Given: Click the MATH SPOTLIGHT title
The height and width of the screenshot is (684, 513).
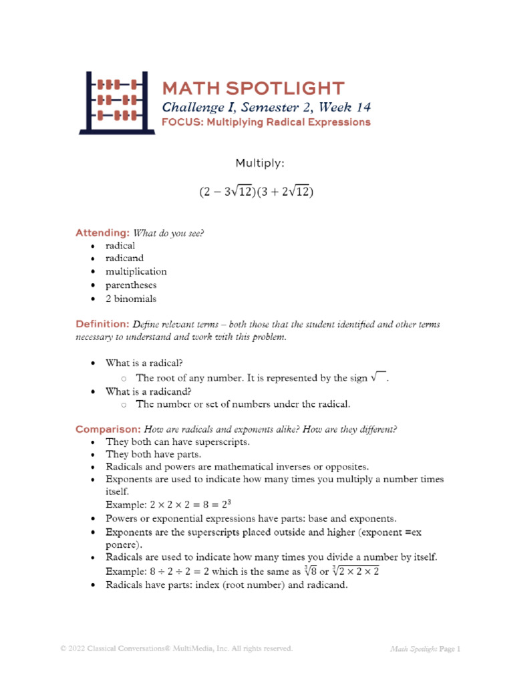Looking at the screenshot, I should pos(253,88).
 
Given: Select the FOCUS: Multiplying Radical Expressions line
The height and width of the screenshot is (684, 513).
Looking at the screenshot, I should pos(266,122).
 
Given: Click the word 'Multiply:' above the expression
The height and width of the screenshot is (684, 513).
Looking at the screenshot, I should pos(256,163).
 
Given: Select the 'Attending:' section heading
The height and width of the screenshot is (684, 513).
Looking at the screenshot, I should pos(102,233).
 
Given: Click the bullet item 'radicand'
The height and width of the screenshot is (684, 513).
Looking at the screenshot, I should pos(124,259).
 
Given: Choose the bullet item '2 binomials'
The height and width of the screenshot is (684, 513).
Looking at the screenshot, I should pos(131,299).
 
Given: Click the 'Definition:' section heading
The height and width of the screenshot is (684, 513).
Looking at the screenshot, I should pos(103,324).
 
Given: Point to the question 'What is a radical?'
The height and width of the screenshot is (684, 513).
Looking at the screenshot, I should pos(144,363).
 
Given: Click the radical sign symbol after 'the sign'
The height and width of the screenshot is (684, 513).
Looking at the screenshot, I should pos(378,377).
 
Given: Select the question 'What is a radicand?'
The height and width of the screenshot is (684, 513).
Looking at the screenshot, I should pos(148,391).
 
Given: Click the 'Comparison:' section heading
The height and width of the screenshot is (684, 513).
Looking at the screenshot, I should pos(107,429).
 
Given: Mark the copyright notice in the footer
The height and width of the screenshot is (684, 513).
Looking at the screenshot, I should pos(176,649).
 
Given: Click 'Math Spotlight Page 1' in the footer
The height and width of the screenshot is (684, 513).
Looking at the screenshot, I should pos(425,649).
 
